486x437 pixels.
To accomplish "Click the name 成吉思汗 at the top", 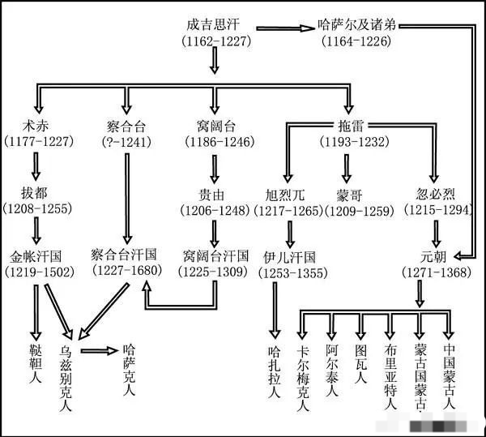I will (214, 24).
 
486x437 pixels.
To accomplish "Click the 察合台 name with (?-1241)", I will (126, 126).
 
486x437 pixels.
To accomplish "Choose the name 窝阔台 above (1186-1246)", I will (215, 126).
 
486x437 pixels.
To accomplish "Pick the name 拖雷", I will (348, 126).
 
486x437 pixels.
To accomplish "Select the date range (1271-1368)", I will (436, 272).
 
